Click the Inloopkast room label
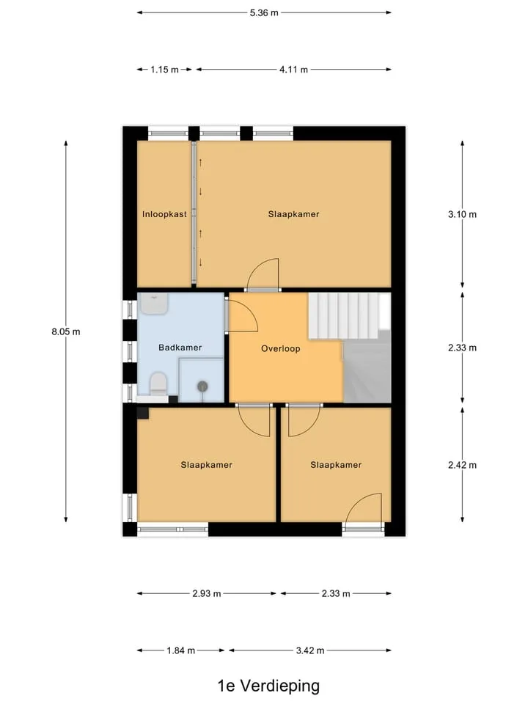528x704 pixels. [164, 214]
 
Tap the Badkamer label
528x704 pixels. [180, 348]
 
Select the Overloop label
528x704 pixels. [281, 348]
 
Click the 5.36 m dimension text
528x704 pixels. [264, 12]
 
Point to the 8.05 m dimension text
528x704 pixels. [66, 331]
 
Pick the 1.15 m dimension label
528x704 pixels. [164, 70]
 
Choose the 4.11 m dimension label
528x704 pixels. [293, 70]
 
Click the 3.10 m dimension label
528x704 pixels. [462, 214]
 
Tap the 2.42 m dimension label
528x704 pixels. [462, 465]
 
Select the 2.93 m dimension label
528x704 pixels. [207, 593]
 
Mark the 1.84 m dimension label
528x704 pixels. [181, 650]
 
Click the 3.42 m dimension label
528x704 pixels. [310, 650]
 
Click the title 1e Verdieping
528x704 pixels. [268, 686]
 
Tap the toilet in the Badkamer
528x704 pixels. [158, 384]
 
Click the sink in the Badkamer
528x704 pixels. [154, 304]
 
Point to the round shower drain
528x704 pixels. [202, 386]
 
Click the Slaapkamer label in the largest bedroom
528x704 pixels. [293, 214]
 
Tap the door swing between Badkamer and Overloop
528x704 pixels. [243, 315]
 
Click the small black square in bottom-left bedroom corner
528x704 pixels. [143, 413]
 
